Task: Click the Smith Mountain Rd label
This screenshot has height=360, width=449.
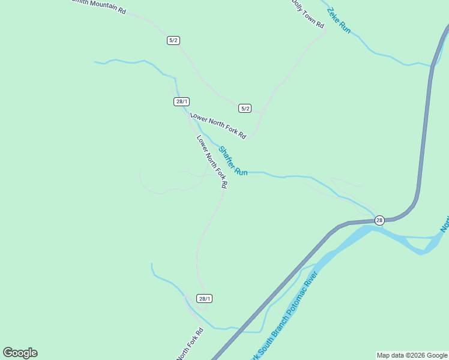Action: click(99, 6)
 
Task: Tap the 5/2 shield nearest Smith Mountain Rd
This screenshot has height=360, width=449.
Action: click(173, 40)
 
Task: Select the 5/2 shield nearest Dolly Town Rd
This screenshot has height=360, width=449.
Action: click(244, 108)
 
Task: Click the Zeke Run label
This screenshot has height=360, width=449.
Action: click(339, 20)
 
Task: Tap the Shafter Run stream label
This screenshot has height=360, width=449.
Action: click(232, 161)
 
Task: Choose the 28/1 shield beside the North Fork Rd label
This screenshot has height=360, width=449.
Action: click(205, 298)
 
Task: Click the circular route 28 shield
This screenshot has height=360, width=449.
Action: click(379, 220)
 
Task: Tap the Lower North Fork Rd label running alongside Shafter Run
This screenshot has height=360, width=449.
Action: click(212, 161)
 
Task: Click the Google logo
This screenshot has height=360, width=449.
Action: click(20, 353)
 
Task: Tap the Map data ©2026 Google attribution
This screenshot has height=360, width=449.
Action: click(412, 355)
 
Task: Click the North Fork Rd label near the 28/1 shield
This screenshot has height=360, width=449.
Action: click(190, 344)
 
